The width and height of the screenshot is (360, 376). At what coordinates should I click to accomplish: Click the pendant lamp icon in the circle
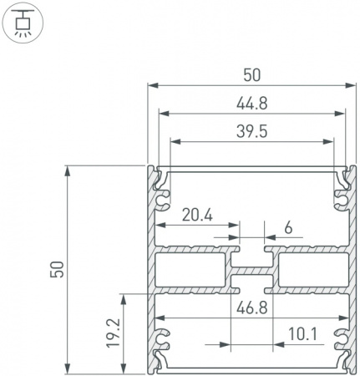pyautogui.click(x=23, y=23)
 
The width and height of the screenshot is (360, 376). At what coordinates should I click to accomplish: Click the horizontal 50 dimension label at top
pyautogui.click(x=252, y=75)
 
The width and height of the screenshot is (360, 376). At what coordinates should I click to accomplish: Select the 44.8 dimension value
pyautogui.click(x=252, y=104)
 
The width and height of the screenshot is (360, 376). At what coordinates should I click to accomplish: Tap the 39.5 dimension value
pyautogui.click(x=252, y=132)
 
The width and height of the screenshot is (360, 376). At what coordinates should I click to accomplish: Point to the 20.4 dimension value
pyautogui.click(x=197, y=216)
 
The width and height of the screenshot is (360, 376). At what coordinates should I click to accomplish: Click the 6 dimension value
pyautogui.click(x=289, y=228)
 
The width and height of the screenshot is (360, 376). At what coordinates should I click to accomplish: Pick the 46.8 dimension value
pyautogui.click(x=252, y=308)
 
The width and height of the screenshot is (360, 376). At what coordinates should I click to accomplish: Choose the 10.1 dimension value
pyautogui.click(x=302, y=334)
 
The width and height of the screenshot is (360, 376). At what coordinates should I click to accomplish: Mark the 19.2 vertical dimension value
pyautogui.click(x=113, y=333)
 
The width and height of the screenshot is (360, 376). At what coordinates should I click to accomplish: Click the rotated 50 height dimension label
pyautogui.click(x=57, y=270)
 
